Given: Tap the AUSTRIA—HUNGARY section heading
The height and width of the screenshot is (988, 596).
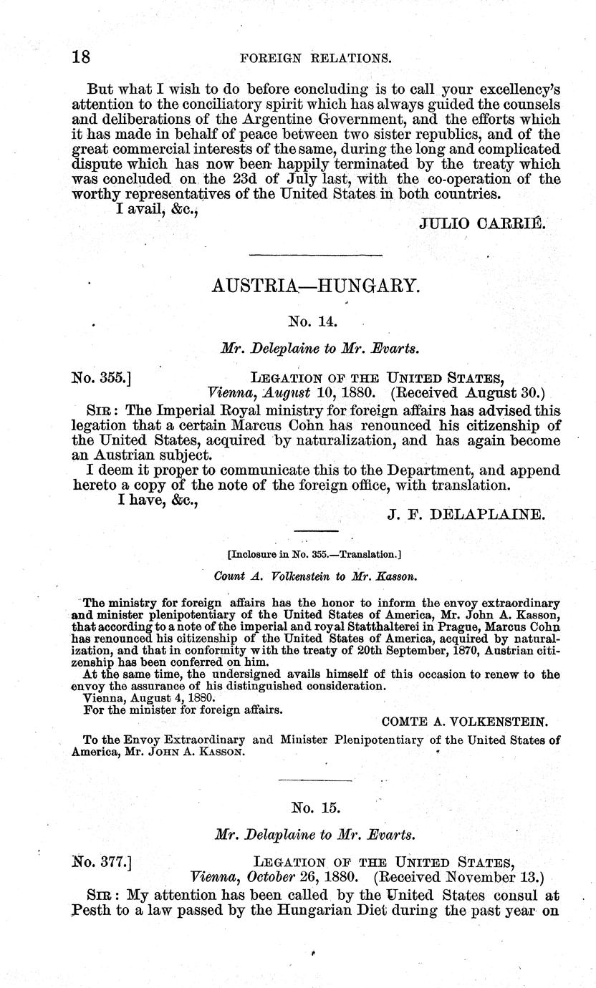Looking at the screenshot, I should click(314, 287).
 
